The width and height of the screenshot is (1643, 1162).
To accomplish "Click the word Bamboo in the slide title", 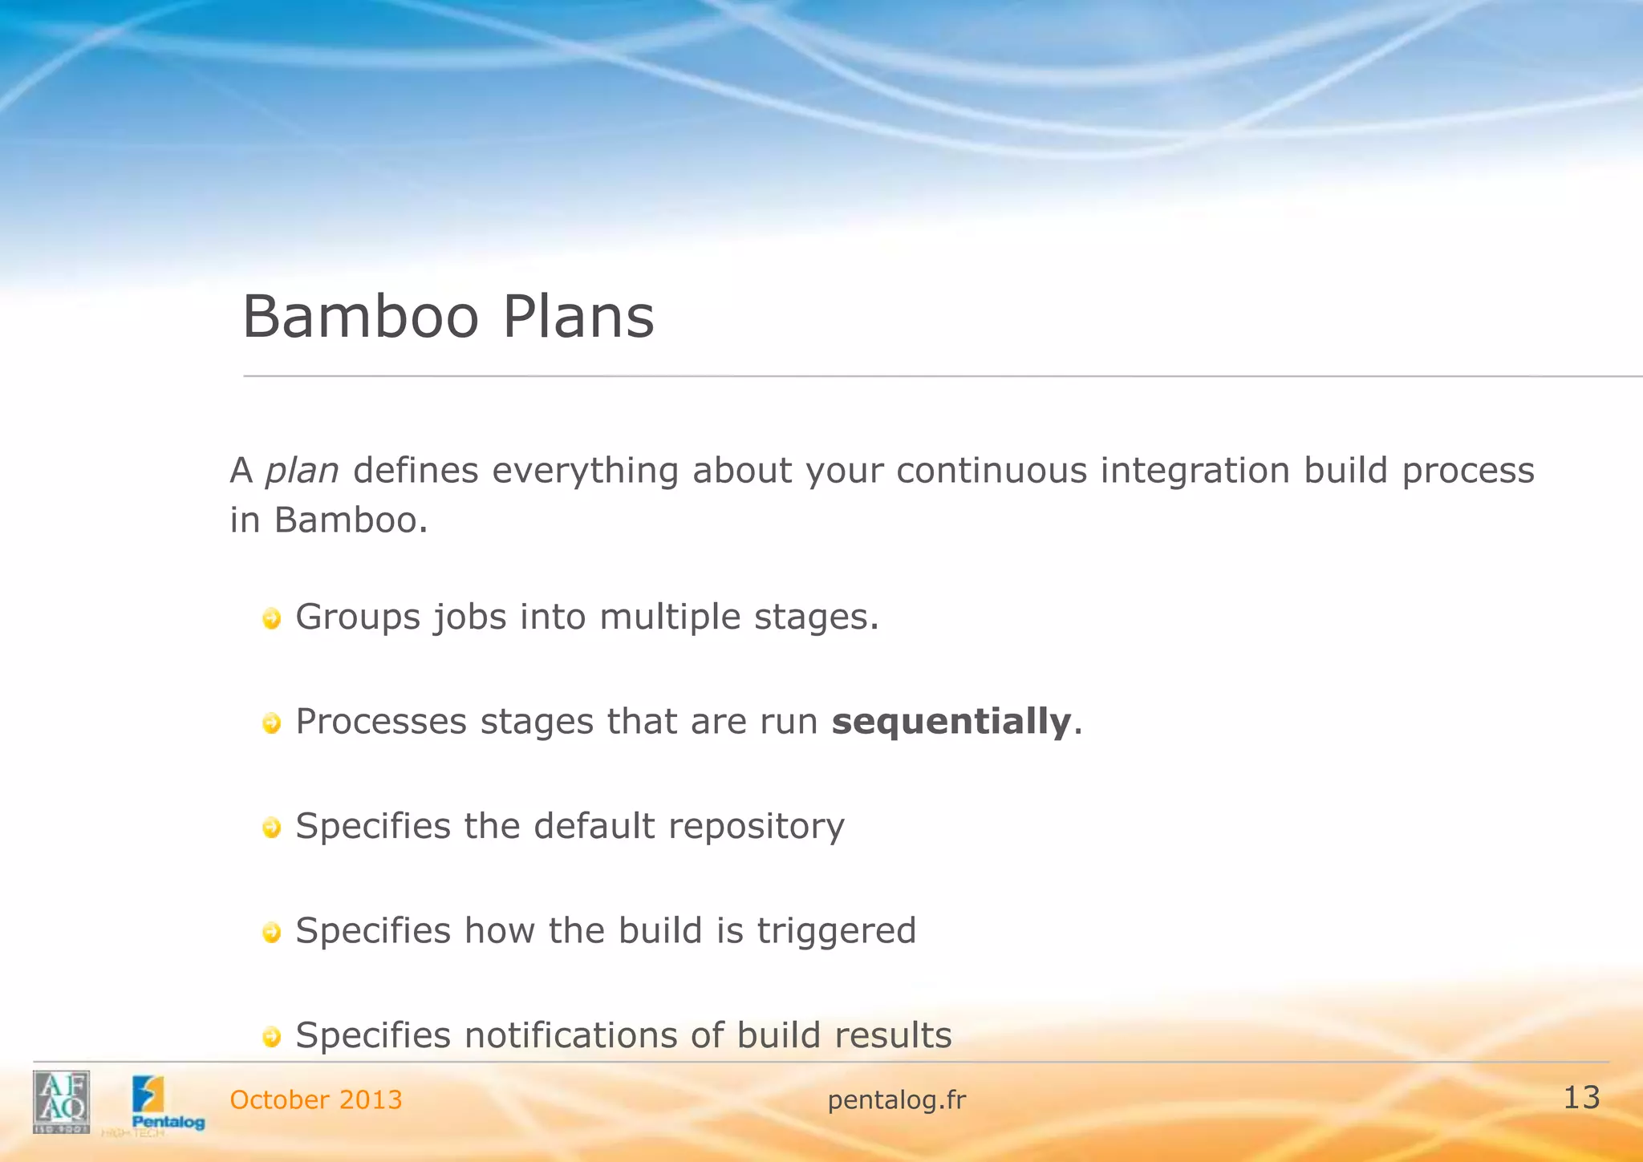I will click(x=360, y=317).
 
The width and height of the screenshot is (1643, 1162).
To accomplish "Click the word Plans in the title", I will click(x=578, y=317).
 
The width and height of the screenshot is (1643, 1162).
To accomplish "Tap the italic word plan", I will click(x=302, y=471).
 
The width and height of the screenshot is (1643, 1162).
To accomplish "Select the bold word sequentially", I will click(x=951, y=721).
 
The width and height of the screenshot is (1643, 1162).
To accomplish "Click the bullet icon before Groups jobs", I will click(x=272, y=618).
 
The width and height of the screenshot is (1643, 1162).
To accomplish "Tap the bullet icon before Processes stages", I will click(x=272, y=723).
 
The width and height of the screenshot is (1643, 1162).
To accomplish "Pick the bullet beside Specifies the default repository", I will click(x=272, y=828).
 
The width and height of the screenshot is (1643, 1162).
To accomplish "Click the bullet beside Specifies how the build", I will click(x=272, y=932).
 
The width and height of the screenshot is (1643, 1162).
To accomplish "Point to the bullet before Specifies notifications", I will click(x=272, y=1037).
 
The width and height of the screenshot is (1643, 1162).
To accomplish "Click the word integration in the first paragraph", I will click(x=1195, y=471).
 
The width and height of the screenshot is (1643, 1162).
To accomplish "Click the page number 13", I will click(x=1581, y=1098).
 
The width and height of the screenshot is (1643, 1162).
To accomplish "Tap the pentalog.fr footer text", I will click(x=896, y=1100).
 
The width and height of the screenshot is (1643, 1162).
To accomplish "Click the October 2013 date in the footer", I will click(x=316, y=1099).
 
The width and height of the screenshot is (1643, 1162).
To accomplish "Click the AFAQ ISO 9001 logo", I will click(x=61, y=1101).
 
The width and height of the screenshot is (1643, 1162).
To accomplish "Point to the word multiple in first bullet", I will click(x=670, y=617).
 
